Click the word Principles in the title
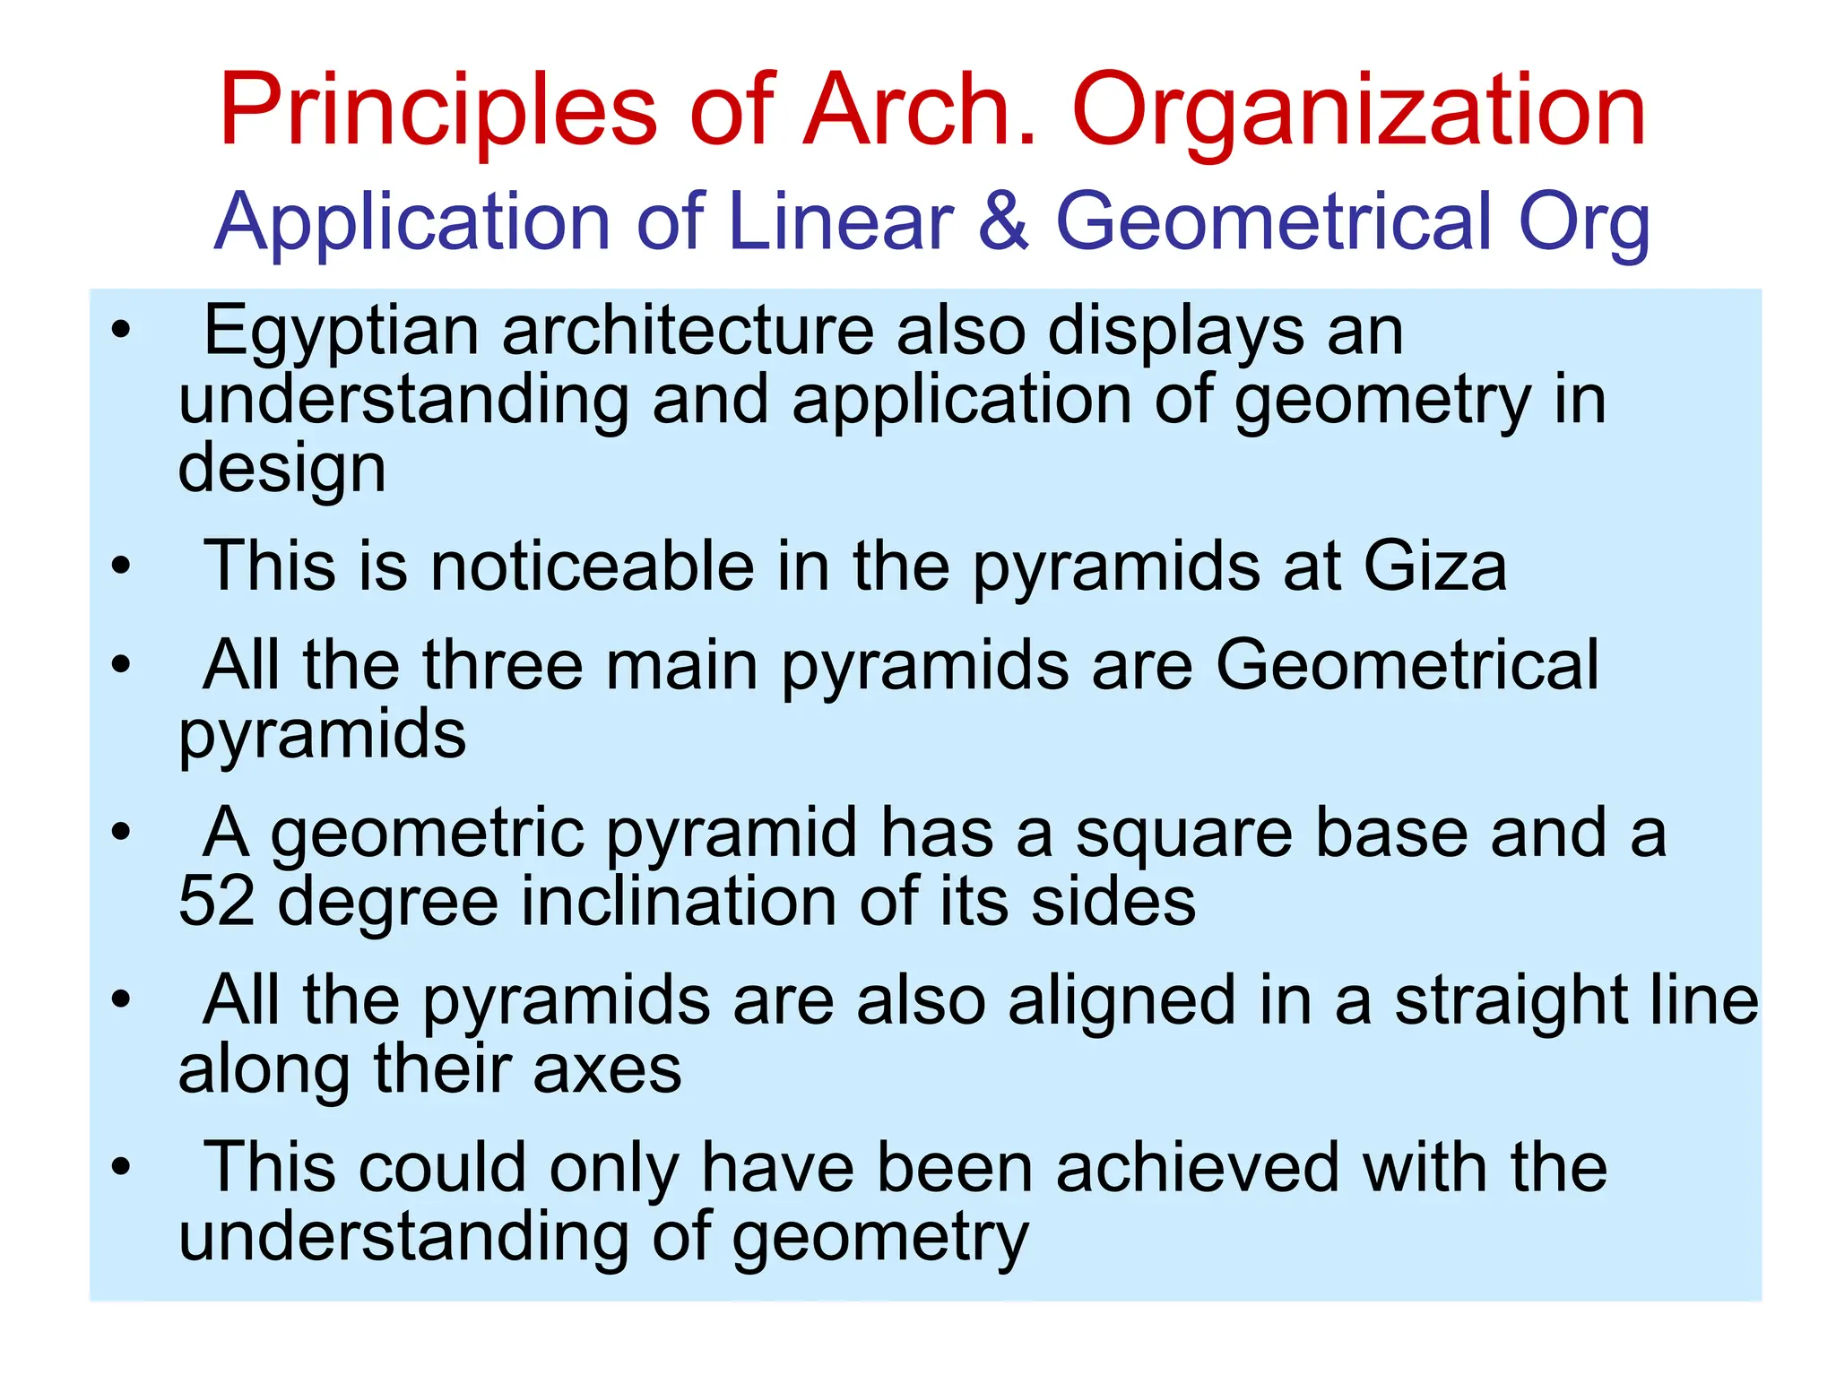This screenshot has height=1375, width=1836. tap(438, 111)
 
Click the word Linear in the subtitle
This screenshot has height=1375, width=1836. tap(841, 221)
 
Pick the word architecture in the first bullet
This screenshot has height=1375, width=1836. tap(688, 332)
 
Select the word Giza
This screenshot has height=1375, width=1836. tap(1434, 566)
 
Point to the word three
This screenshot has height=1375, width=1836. tap(503, 665)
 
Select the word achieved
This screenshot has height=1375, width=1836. tap(1197, 1168)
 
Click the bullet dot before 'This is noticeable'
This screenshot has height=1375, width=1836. tap(121, 566)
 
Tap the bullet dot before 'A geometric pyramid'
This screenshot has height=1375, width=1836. tap(121, 833)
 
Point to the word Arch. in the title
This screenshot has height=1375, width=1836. tap(919, 111)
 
